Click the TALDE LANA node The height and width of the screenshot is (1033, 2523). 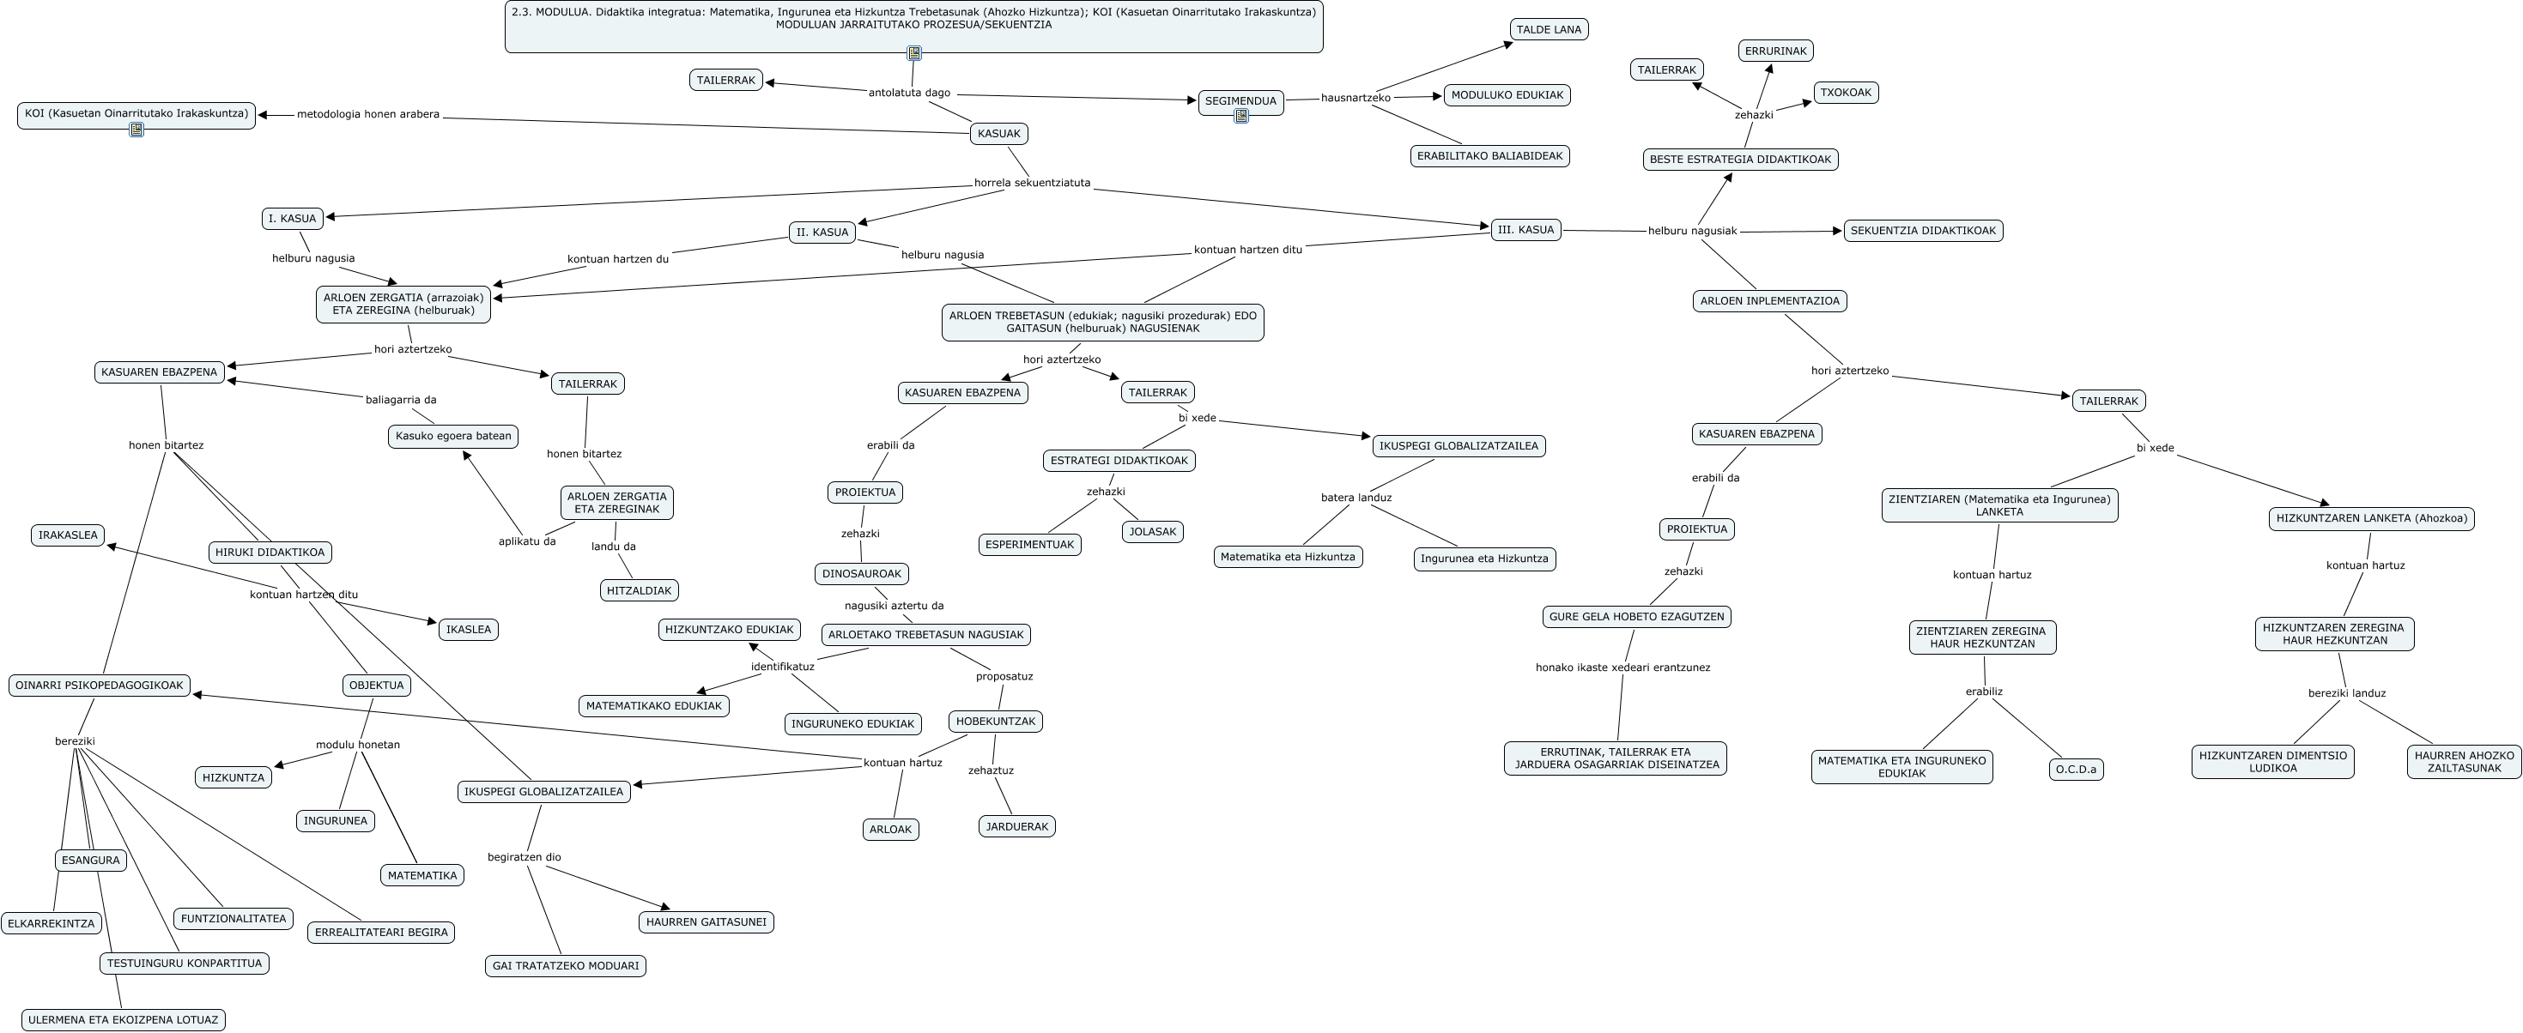point(1549,29)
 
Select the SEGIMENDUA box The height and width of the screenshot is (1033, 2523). point(1240,101)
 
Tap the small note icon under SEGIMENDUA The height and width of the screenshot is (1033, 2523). point(1241,117)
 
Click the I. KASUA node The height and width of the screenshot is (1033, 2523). point(292,218)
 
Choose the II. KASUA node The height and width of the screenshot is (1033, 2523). point(822,232)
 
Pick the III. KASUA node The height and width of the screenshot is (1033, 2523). point(1525,230)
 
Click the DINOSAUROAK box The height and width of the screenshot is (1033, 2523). point(861,574)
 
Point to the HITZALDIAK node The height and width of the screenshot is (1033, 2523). point(639,590)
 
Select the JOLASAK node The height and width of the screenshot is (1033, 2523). point(1152,532)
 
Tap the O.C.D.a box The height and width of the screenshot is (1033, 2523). point(2076,770)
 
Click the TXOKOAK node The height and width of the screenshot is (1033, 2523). point(1845,93)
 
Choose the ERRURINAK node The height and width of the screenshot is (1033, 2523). point(1774,51)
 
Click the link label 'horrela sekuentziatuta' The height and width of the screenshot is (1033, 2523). point(1031,183)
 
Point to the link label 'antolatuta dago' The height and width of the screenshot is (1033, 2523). point(909,93)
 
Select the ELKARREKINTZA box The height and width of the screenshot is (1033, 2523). point(51,923)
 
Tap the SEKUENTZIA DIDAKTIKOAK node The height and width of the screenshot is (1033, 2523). point(1923,231)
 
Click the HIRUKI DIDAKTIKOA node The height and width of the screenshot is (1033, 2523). point(270,553)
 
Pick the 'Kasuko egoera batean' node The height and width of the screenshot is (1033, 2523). point(452,436)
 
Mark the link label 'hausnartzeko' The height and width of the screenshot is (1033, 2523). point(1356,98)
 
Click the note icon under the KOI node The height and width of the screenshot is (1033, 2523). point(136,130)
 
